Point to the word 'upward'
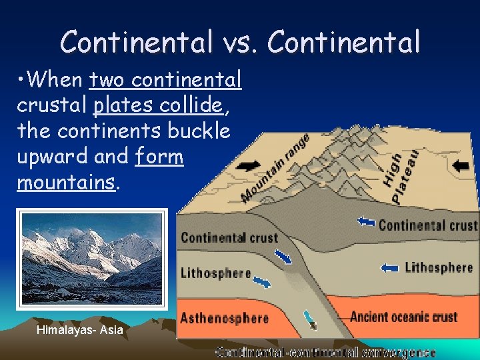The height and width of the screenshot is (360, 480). click(47, 156)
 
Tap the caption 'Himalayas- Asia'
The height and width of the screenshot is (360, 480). click(80, 330)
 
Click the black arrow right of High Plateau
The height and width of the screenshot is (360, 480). click(460, 165)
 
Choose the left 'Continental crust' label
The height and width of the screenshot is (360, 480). click(229, 237)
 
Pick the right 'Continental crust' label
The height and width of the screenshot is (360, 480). click(427, 225)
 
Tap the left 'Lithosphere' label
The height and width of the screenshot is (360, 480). click(215, 273)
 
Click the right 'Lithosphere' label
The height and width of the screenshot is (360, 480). click(439, 267)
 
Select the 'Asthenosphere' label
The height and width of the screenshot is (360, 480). click(224, 317)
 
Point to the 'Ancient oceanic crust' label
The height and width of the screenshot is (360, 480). click(403, 316)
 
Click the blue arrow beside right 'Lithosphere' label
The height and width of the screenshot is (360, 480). click(389, 268)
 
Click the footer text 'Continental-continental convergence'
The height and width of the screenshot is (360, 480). click(325, 352)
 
